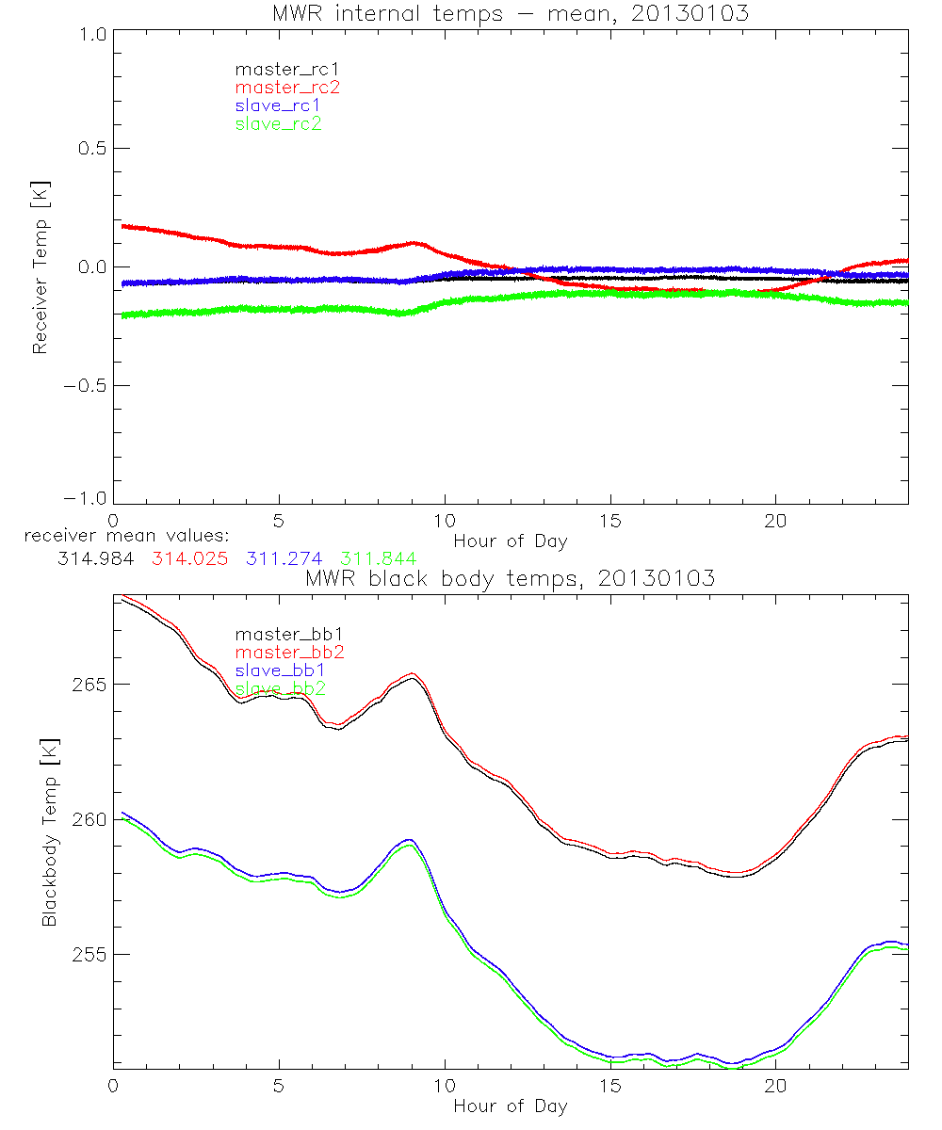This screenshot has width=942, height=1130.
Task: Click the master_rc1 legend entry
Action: [x=278, y=69]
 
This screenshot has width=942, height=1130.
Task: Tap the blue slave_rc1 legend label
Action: [x=278, y=105]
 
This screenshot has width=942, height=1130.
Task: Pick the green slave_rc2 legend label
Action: [x=278, y=123]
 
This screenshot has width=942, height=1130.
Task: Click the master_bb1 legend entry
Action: [x=281, y=634]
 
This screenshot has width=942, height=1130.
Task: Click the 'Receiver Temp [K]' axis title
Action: [x=40, y=266]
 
